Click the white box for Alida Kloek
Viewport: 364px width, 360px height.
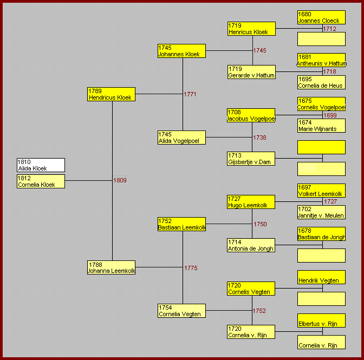(x=41, y=165)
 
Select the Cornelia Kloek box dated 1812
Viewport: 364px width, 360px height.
(x=41, y=181)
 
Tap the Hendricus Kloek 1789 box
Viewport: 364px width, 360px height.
(x=112, y=94)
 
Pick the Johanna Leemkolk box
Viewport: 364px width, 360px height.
(x=112, y=267)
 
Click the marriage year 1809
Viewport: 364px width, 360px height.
(x=120, y=180)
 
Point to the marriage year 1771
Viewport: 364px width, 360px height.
(x=190, y=94)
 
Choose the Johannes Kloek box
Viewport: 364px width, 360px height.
(x=182, y=51)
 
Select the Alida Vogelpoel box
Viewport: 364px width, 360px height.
(x=182, y=138)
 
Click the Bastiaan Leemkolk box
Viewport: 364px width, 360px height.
(x=182, y=224)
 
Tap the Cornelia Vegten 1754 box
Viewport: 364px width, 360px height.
(x=182, y=311)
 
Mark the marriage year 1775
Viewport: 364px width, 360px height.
(x=191, y=268)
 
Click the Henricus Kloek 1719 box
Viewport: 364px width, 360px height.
(x=252, y=29)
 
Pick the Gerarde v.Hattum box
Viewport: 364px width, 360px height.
(x=252, y=72)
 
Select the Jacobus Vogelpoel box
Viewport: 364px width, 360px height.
(x=251, y=115)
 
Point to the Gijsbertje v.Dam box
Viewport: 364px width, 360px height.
(x=251, y=159)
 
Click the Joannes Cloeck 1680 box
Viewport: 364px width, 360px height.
(x=322, y=17)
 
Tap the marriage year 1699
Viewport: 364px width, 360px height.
(x=330, y=115)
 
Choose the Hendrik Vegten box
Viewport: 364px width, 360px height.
(x=322, y=277)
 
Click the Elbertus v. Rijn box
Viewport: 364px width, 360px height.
(x=322, y=320)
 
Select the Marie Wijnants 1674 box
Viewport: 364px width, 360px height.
(x=322, y=126)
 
